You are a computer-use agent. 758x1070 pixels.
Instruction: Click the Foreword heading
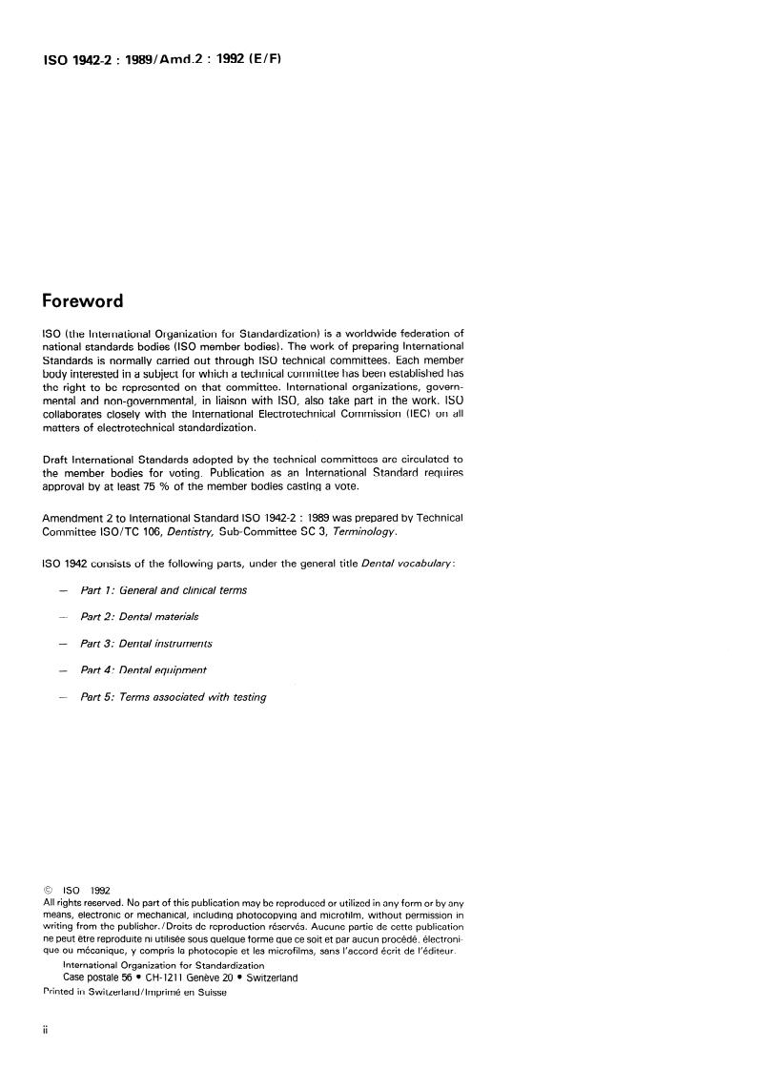pos(84,301)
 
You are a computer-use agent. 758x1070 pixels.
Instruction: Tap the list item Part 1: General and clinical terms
pos(164,590)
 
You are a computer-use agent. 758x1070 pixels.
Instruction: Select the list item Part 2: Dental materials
pos(139,617)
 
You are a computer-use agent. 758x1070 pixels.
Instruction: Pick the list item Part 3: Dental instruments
pos(146,644)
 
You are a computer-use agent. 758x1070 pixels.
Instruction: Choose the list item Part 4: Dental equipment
pos(143,670)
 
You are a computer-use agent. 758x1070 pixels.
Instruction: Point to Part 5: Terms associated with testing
pos(173,697)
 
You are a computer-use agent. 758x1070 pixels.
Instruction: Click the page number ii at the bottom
pos(46,1032)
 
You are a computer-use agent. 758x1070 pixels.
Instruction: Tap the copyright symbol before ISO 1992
pos(49,891)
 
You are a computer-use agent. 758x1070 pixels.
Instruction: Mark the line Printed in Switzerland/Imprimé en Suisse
pos(135,991)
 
